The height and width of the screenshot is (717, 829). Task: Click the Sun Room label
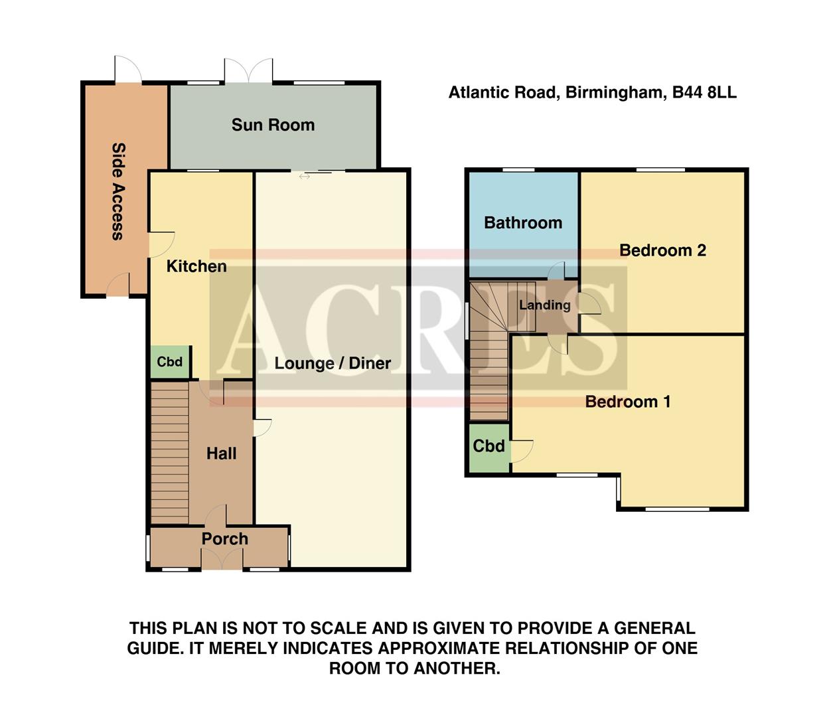273,125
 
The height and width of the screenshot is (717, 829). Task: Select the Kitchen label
196,266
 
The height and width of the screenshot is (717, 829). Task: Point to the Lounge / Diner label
333,363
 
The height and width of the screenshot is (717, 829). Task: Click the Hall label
221,453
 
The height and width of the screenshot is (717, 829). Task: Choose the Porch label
224,539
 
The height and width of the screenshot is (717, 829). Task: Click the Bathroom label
523,222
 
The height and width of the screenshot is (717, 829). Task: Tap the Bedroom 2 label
662,250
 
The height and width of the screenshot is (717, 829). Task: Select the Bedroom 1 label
628,402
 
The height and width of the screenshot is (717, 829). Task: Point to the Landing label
545,305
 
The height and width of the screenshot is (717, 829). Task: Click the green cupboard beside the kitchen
169,362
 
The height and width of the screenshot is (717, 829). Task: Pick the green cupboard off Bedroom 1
489,447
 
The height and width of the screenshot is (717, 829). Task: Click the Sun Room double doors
248,70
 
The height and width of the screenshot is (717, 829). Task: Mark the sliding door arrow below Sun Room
305,177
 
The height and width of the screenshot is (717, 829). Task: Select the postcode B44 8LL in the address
704,92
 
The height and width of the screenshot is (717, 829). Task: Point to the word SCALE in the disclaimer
337,628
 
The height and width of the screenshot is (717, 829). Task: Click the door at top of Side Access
127,70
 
